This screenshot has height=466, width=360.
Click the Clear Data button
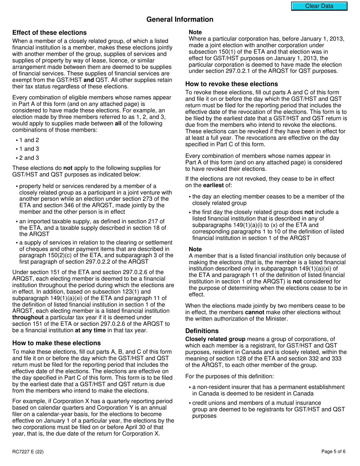(x=319, y=6)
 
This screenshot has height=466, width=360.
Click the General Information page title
(x=180, y=19)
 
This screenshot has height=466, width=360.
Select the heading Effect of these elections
(x=49, y=33)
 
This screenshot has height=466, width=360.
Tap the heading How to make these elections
(x=56, y=343)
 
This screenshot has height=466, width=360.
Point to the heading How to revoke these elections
(x=232, y=84)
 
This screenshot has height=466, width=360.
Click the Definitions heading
(x=202, y=331)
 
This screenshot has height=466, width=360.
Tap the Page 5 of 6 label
(x=333, y=451)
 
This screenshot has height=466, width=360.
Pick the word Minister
(x=276, y=319)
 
